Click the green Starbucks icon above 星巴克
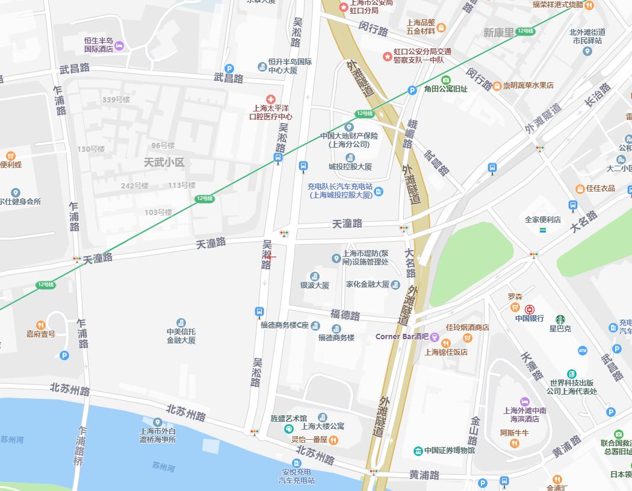coord(560,319)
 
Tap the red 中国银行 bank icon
coord(529,309)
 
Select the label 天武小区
coord(164,163)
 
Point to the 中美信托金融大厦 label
coord(181,336)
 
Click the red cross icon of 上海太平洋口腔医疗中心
coord(271,99)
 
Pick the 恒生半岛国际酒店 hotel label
coord(99,45)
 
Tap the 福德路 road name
coord(345,315)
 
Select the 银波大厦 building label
coord(315,285)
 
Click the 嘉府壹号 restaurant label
coord(40,334)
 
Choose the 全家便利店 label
coord(542,220)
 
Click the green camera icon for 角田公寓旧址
coord(445,80)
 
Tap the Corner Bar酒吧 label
coord(401,336)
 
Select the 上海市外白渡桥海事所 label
coord(157,435)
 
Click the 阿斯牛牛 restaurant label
coord(514,433)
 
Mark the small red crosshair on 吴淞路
coord(270,257)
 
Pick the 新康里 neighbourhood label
coord(498,33)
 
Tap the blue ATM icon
coord(582,351)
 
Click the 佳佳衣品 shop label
coord(600,189)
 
